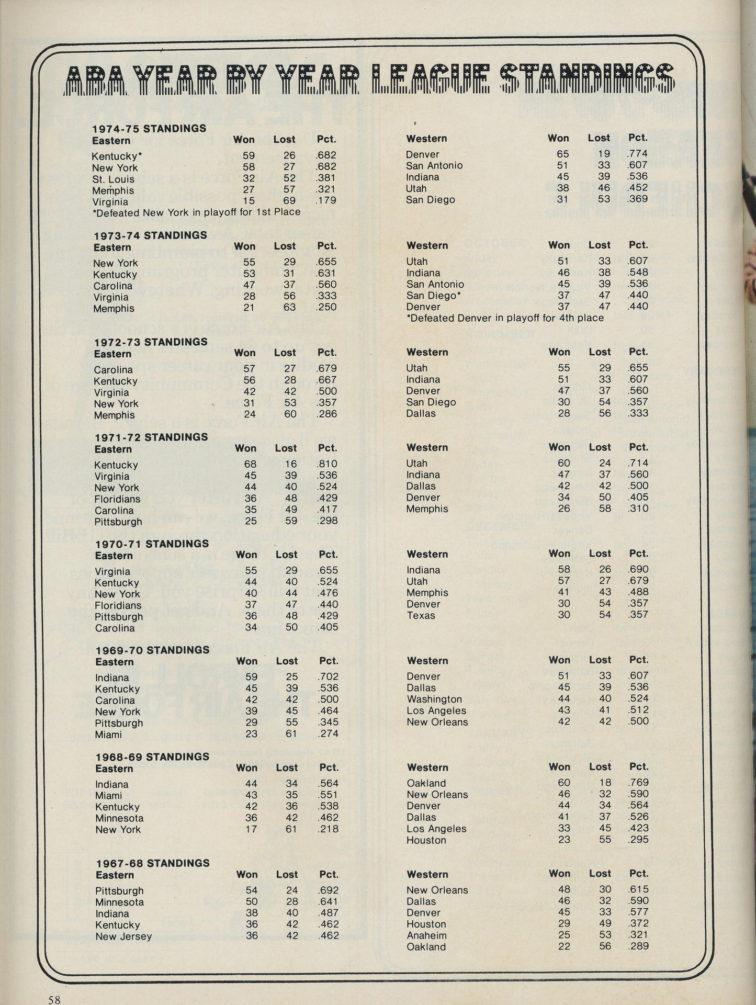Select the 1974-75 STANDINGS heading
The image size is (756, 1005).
click(149, 128)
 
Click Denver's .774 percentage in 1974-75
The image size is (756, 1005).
click(638, 154)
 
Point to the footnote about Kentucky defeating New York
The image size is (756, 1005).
click(196, 212)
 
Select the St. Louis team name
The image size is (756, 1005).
click(113, 179)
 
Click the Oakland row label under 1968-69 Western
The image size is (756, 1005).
click(426, 783)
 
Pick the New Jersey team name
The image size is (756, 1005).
click(123, 936)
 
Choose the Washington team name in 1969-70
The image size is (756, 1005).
click(434, 699)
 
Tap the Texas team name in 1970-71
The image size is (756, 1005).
click(421, 615)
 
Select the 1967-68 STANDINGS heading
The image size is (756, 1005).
click(152, 863)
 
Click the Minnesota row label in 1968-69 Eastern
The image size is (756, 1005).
click(119, 818)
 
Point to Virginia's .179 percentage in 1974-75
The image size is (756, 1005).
click(325, 200)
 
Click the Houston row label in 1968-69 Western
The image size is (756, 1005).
click(426, 840)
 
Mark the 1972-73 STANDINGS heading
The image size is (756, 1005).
click(151, 342)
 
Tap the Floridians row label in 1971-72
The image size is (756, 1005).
click(118, 499)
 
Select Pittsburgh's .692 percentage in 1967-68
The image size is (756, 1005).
click(329, 890)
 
